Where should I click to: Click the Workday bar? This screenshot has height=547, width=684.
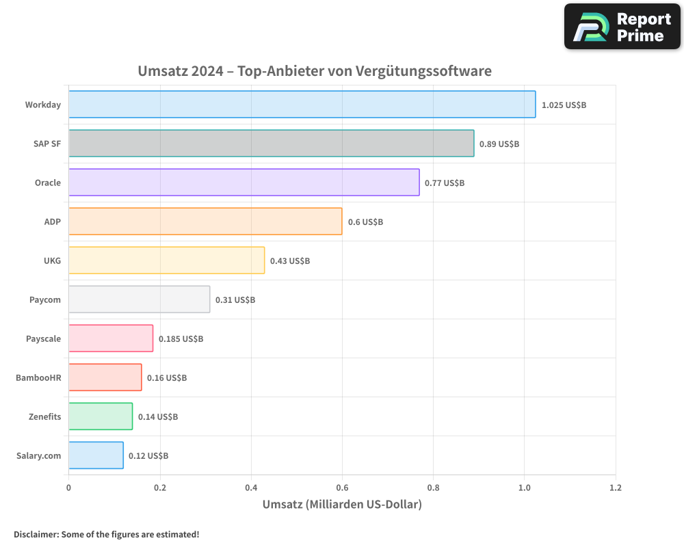point(302,105)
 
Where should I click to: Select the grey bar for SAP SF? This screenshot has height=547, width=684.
point(271,144)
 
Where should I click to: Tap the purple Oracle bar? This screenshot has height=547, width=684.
point(244,183)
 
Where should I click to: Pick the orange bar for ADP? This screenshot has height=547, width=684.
point(205,222)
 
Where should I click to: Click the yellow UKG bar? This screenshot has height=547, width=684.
point(166,261)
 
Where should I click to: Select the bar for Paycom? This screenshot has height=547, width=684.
point(139,299)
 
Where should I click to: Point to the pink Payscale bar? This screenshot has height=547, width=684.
point(111,338)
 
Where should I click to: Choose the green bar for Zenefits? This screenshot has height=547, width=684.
point(101,416)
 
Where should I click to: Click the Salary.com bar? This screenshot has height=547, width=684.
point(96,455)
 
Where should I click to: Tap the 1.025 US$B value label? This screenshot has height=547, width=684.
point(564,105)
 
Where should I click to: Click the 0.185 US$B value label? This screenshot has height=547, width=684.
point(181,339)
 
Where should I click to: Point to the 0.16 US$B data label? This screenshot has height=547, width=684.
point(166,378)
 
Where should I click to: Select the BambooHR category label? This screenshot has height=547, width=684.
point(38,377)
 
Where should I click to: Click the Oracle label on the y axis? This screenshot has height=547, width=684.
point(48,183)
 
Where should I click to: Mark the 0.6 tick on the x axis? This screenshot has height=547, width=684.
point(342,488)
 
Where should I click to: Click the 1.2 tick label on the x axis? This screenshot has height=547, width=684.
point(615,488)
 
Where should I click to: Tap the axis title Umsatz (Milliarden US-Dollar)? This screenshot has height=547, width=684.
point(342,505)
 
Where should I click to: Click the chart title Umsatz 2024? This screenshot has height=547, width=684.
point(315,70)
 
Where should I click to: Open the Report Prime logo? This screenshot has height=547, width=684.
point(622,27)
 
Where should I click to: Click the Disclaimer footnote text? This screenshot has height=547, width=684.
point(107,534)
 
